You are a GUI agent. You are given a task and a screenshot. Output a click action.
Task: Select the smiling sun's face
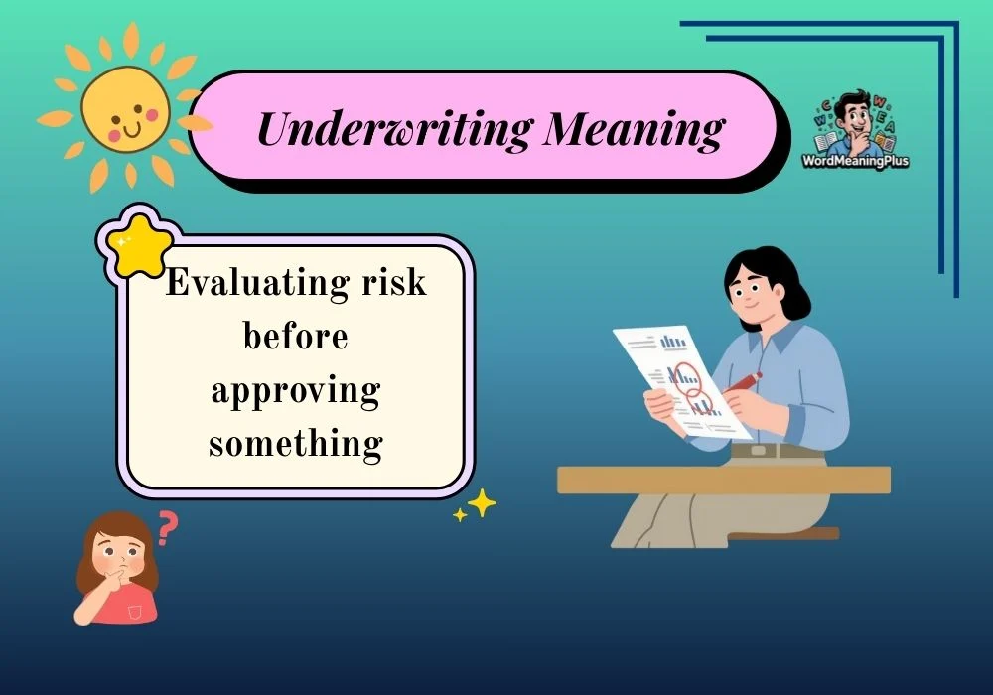(x=125, y=111)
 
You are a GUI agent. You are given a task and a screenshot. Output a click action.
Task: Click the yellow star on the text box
(x=136, y=243)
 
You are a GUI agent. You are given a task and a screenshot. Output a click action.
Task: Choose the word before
(x=296, y=336)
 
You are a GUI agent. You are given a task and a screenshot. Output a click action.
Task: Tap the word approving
(x=296, y=390)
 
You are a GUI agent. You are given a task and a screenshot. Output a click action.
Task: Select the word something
(x=296, y=443)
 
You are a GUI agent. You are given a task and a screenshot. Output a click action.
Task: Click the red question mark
(x=168, y=528)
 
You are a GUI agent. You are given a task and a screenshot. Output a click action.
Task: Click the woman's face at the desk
(x=751, y=288)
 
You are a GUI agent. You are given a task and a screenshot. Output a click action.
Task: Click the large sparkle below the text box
(x=482, y=503)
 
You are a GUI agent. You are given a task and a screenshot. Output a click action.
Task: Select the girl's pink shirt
(x=127, y=604)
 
